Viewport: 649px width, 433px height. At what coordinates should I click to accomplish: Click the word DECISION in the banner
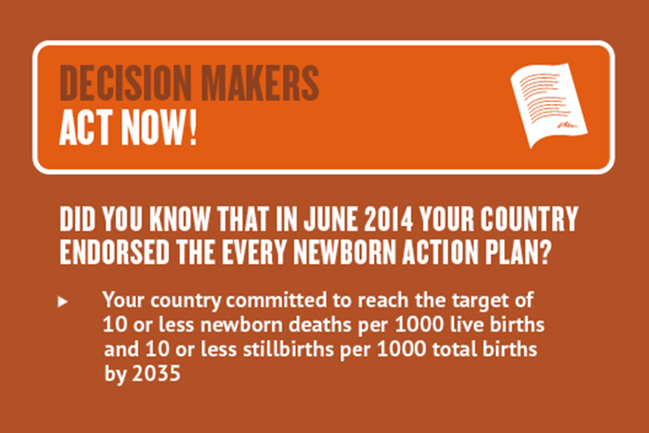pyautogui.click(x=125, y=83)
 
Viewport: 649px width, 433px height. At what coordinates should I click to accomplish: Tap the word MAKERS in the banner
pyautogui.click(x=261, y=83)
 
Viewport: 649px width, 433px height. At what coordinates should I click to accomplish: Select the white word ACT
pyautogui.click(x=86, y=127)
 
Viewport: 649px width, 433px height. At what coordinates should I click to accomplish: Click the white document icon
pyautogui.click(x=549, y=105)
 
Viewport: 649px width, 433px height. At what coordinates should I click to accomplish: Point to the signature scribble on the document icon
pyautogui.click(x=567, y=125)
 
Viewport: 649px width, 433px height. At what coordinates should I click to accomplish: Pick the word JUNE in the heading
pyautogui.click(x=330, y=219)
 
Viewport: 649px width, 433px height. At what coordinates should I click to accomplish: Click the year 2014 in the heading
pyautogui.click(x=388, y=219)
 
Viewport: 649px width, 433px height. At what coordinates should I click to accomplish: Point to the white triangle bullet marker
pyautogui.click(x=62, y=301)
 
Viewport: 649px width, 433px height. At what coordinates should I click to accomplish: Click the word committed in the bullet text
pyautogui.click(x=276, y=300)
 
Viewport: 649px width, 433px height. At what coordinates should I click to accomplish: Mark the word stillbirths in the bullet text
pyautogui.click(x=288, y=349)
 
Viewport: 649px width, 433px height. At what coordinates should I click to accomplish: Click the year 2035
pyautogui.click(x=156, y=373)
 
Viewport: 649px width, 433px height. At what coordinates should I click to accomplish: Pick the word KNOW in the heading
pyautogui.click(x=180, y=219)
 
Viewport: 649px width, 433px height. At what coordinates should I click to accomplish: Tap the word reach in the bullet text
pyautogui.click(x=383, y=300)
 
